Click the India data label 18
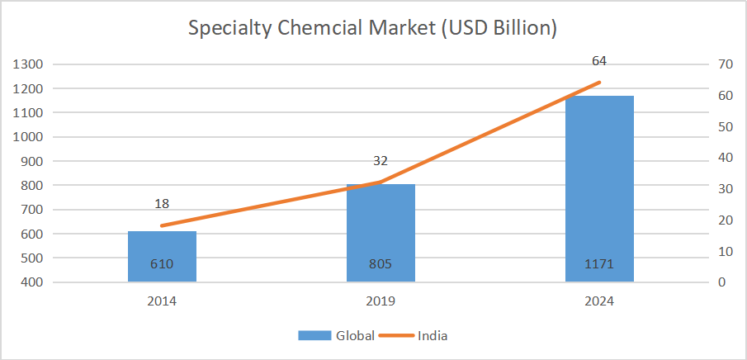click(162, 204)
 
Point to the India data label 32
click(381, 161)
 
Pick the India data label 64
click(600, 61)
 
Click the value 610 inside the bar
click(162, 265)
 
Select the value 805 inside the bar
click(381, 265)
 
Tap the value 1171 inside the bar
click(599, 265)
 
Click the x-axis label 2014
click(162, 301)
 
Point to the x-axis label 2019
click(381, 301)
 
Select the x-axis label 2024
click(599, 301)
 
